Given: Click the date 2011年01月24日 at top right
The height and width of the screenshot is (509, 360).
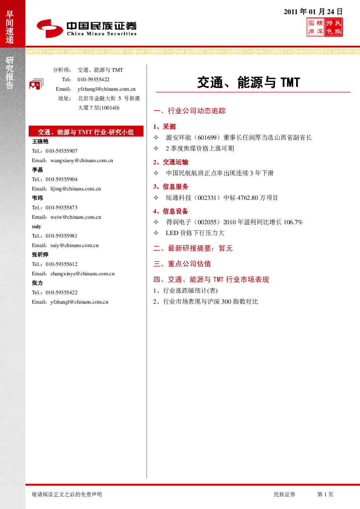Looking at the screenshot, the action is pyautogui.click(x=313, y=12).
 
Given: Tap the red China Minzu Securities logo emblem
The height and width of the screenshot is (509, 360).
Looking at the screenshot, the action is pyautogui.click(x=50, y=28).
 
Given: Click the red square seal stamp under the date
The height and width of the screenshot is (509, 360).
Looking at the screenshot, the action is pyautogui.click(x=324, y=28).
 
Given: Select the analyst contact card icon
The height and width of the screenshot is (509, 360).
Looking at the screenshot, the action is pyautogui.click(x=36, y=84).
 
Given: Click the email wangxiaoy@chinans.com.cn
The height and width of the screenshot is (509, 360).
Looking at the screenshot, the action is pyautogui.click(x=82, y=161).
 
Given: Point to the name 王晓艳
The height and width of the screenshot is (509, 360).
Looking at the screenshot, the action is pyautogui.click(x=40, y=141).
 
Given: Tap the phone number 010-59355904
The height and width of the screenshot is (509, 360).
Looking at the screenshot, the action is pyautogui.click(x=61, y=179).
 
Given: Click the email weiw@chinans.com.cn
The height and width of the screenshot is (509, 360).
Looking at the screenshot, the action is pyautogui.click(x=76, y=217).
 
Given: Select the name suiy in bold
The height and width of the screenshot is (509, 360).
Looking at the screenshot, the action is pyautogui.click(x=36, y=226).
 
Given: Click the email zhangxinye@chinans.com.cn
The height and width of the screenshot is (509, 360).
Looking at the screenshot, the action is pyautogui.click(x=82, y=274).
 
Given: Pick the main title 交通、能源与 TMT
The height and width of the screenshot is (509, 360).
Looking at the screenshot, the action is pyautogui.click(x=249, y=82).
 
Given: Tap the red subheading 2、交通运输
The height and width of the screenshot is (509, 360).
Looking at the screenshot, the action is pyautogui.click(x=171, y=162).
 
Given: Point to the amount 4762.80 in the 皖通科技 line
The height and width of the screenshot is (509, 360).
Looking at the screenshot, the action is pyautogui.click(x=247, y=198).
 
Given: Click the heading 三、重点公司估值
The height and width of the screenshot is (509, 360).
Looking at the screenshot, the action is pyautogui.click(x=182, y=264).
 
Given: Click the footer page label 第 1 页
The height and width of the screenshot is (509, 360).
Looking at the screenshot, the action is pyautogui.click(x=325, y=494).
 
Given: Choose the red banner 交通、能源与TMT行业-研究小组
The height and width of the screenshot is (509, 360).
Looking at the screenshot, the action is pyautogui.click(x=86, y=131).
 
